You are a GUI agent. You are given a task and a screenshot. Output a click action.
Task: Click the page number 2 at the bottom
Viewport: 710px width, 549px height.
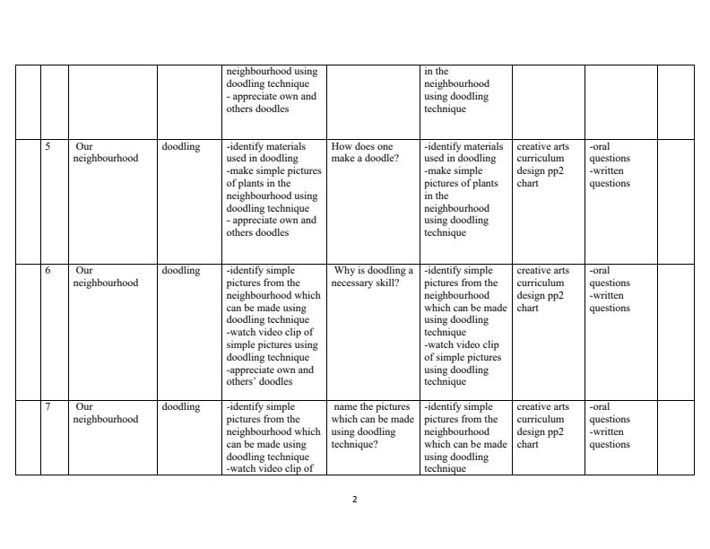[354, 500]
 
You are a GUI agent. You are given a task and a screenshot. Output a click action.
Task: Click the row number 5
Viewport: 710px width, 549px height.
[48, 146]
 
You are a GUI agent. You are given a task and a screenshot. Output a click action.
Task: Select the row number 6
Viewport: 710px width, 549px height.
[48, 270]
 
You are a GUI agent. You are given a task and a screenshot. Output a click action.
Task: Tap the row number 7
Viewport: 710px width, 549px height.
[48, 406]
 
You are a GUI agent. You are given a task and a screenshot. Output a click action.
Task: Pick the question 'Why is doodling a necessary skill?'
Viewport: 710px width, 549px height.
[372, 276]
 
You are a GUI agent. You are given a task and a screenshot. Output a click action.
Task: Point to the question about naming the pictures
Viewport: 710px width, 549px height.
[372, 425]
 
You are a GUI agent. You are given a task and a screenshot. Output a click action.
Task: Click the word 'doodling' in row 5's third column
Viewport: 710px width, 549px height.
[181, 146]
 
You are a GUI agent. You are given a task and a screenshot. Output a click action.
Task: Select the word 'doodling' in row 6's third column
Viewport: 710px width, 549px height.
[181, 270]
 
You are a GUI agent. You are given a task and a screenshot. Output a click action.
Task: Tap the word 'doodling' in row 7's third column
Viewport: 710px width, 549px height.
[181, 406]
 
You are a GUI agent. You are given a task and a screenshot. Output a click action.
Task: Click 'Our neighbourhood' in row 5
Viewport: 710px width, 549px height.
[106, 152]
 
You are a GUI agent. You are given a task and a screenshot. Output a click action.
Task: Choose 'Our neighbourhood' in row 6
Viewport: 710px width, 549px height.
[106, 276]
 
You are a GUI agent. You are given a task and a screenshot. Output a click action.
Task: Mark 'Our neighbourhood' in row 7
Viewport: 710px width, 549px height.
[106, 413]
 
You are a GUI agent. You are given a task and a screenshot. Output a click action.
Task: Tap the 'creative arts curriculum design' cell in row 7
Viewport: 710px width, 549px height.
[542, 425]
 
